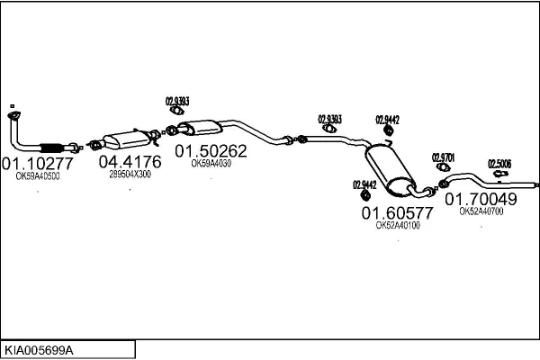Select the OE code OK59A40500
[x=38, y=176]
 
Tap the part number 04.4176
[x=130, y=162]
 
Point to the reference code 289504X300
[x=130, y=175]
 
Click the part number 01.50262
[x=210, y=151]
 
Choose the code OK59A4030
[x=211, y=164]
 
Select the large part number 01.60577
[x=397, y=213]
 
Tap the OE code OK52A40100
[x=397, y=226]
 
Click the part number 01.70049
[x=481, y=199]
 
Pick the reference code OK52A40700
[x=481, y=211]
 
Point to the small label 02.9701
[x=444, y=157]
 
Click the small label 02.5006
[x=499, y=164]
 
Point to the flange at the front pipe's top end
[x=13, y=114]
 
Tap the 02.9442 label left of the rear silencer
[x=364, y=184]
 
